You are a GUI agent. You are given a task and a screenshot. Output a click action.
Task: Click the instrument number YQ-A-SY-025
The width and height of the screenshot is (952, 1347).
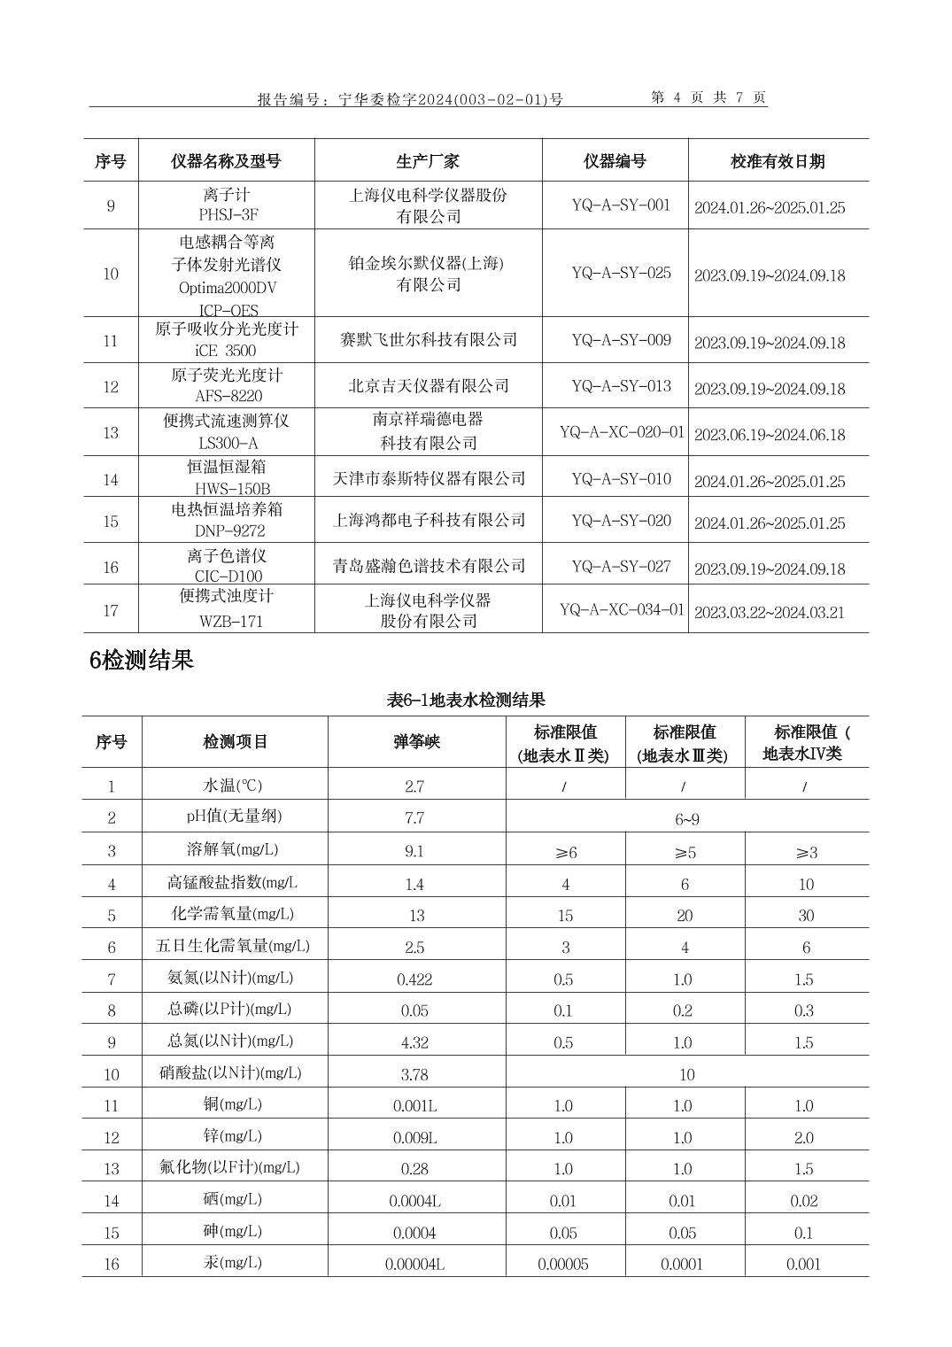(621, 273)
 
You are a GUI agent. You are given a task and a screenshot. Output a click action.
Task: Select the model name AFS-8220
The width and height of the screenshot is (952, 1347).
(228, 396)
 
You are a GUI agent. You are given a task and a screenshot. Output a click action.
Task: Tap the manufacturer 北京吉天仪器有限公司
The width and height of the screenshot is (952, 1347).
(429, 385)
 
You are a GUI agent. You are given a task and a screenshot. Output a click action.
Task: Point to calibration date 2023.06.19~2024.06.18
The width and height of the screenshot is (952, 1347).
(769, 435)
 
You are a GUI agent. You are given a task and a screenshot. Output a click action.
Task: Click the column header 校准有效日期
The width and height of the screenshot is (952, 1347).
(778, 161)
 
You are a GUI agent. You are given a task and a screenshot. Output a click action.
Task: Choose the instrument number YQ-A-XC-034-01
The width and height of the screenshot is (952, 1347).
(622, 609)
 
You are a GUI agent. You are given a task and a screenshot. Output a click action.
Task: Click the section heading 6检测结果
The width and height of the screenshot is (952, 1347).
(141, 660)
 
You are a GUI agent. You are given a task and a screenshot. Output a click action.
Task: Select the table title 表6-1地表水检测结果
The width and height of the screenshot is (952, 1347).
(466, 701)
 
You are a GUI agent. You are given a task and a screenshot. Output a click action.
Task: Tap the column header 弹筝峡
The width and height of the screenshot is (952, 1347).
(416, 742)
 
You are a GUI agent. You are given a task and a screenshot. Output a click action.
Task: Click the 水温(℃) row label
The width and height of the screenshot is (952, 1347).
(233, 786)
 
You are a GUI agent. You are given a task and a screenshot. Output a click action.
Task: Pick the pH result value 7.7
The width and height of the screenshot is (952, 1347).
(414, 817)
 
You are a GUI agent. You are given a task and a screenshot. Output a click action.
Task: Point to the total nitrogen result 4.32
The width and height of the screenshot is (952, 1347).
(414, 1042)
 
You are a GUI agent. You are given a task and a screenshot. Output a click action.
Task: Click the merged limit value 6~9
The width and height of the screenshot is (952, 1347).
(686, 819)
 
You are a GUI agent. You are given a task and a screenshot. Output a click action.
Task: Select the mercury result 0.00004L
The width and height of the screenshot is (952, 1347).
(414, 1264)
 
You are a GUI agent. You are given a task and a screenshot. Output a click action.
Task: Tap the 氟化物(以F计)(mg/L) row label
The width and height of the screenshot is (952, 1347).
(236, 1167)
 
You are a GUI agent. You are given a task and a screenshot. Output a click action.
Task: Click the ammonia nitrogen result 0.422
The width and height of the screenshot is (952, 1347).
(414, 979)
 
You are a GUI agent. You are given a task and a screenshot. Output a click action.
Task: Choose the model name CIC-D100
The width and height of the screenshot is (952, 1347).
(228, 577)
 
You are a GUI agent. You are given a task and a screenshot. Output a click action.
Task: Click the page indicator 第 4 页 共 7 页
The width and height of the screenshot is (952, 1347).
(708, 98)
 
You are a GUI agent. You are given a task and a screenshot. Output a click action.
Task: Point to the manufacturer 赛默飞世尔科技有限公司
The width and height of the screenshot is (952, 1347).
(429, 340)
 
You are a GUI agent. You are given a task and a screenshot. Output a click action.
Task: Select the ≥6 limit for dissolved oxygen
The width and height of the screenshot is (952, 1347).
(565, 852)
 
